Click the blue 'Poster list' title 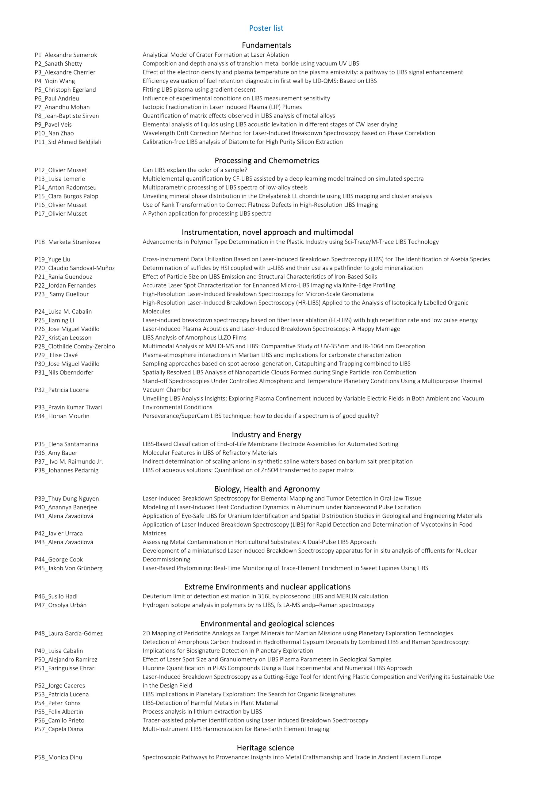coord(266,28)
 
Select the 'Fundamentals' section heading coord(266,45)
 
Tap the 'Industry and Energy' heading coord(266,435)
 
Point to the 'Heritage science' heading coord(265,748)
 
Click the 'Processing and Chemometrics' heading coord(267,160)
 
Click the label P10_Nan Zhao coord(54,133)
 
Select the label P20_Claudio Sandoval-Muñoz coord(75,268)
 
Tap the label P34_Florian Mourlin coord(62,416)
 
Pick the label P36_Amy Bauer coord(56,453)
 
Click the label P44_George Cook coord(59,559)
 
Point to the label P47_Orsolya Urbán coord(60,605)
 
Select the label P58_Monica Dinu coord(59,757)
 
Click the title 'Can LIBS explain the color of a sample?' coord(195,170)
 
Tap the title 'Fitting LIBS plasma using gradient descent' coord(199,90)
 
